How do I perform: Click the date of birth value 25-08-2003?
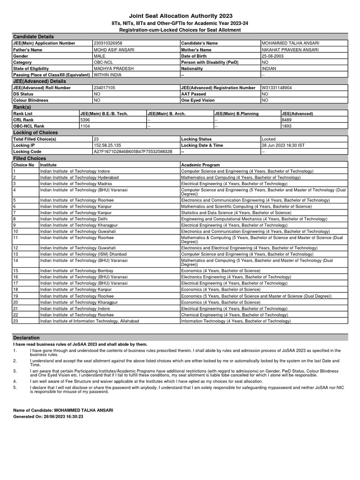(273, 56)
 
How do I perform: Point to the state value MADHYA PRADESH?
(113, 68)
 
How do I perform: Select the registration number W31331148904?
(283, 88)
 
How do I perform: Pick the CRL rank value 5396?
(85, 120)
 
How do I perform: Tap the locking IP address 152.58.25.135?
(110, 145)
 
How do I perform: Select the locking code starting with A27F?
(133, 152)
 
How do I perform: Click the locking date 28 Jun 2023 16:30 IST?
(283, 145)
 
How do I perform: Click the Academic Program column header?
(200, 165)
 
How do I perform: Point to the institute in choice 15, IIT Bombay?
(76, 270)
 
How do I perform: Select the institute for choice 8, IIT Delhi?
(74, 218)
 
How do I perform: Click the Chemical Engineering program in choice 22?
(234, 315)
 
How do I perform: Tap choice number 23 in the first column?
(15, 321)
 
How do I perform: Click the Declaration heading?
(27, 337)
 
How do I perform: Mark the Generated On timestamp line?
(48, 416)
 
